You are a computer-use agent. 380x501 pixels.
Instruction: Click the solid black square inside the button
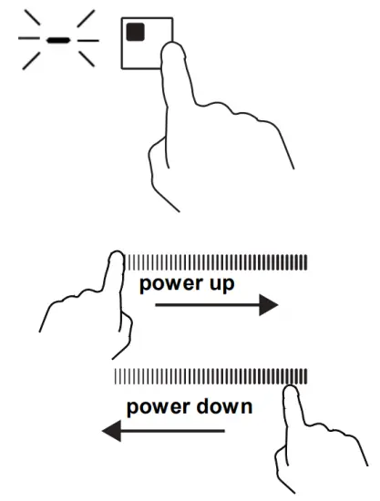[x=135, y=32]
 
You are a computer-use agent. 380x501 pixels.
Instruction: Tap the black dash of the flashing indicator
[x=58, y=40]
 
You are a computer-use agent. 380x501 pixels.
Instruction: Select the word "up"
[x=221, y=283]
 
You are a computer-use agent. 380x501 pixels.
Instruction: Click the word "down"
[x=224, y=406]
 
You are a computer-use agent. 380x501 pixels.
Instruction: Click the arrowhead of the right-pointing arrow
[x=269, y=305]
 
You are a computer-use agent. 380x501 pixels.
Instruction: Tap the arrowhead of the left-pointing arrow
[x=111, y=431]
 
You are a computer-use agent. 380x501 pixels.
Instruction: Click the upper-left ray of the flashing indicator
[x=33, y=17]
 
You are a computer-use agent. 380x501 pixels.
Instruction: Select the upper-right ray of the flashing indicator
[x=86, y=18]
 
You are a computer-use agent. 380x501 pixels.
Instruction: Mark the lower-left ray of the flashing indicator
[x=31, y=61]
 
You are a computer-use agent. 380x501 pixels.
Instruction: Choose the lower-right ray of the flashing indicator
[x=87, y=59]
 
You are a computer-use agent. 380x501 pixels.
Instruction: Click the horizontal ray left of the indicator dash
[x=29, y=38]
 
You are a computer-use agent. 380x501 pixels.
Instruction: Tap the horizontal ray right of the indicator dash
[x=88, y=41]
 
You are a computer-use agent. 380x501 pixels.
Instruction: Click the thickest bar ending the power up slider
[x=305, y=262]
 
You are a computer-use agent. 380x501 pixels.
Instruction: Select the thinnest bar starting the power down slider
[x=115, y=376]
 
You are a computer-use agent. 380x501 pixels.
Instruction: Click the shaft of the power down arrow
[x=173, y=431]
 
